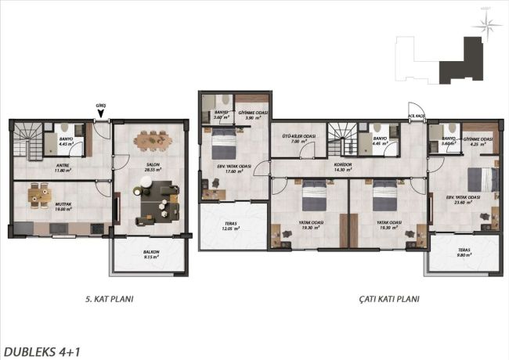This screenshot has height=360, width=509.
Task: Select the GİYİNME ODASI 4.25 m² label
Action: point(478,141)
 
